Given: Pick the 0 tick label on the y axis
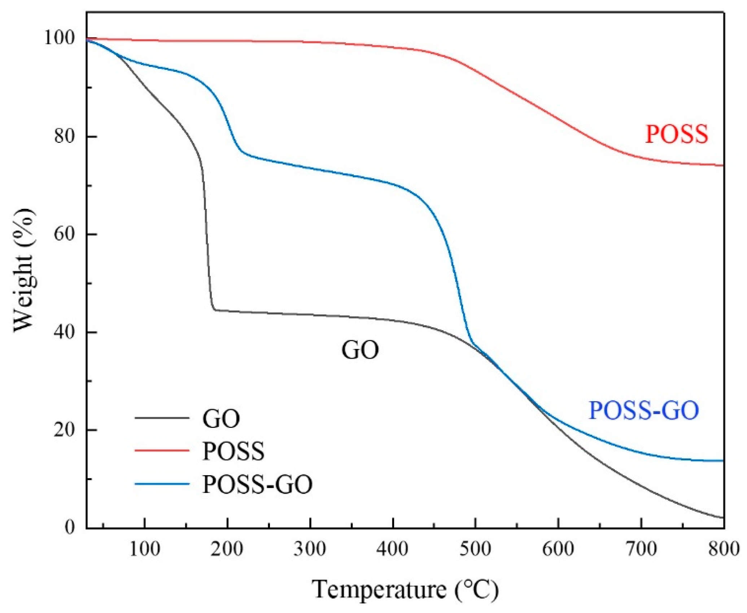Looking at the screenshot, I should pos(70,527).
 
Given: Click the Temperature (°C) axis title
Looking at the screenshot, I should pos(405,590).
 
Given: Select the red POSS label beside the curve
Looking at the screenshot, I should pos(677,134).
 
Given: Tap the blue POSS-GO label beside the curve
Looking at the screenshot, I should pos(644,411).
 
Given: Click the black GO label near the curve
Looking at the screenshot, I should pos(360,350).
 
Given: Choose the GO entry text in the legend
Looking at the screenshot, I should pos(221,419).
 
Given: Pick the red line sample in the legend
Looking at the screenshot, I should pos(162,450).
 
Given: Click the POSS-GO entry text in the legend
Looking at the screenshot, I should pos(257,484).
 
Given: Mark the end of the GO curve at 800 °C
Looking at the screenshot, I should pos(723,518).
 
